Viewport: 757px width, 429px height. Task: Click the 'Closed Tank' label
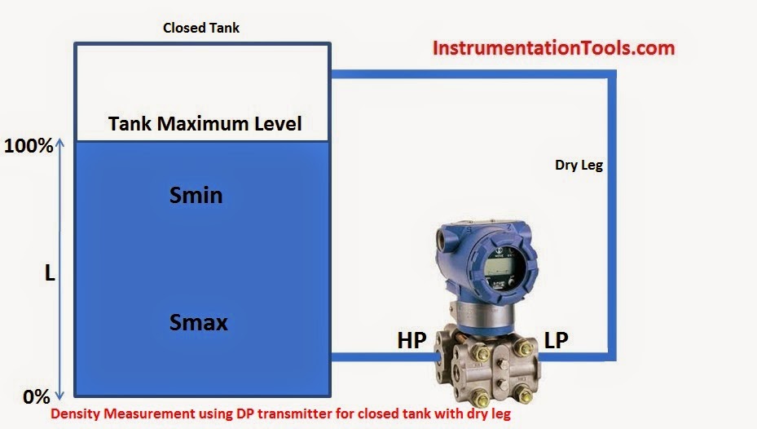201,28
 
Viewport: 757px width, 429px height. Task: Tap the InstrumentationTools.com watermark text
553,48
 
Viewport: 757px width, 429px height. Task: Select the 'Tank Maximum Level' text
205,124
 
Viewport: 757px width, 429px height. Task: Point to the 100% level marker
29,147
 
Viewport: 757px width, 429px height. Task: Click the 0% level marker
37,397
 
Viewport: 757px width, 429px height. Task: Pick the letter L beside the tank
50,275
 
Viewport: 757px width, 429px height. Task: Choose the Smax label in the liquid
198,322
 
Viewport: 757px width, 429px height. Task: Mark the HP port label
412,341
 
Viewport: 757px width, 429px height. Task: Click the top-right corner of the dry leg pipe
611,75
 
